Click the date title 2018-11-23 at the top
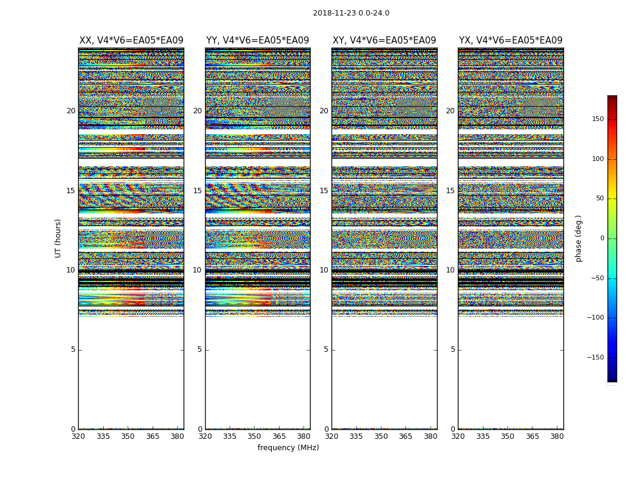(351, 13)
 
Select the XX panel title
(131, 41)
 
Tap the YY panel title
(258, 41)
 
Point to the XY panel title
(385, 41)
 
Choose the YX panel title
(511, 41)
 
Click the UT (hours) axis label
(58, 238)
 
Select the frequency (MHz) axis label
(288, 448)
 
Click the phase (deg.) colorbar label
(578, 238)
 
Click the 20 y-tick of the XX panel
(71, 111)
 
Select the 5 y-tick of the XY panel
(326, 349)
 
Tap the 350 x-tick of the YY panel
(255, 436)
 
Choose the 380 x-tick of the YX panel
(557, 436)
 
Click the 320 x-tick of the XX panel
(78, 436)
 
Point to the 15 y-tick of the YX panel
(450, 191)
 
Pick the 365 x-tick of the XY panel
(405, 436)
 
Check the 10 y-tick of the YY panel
(197, 270)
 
